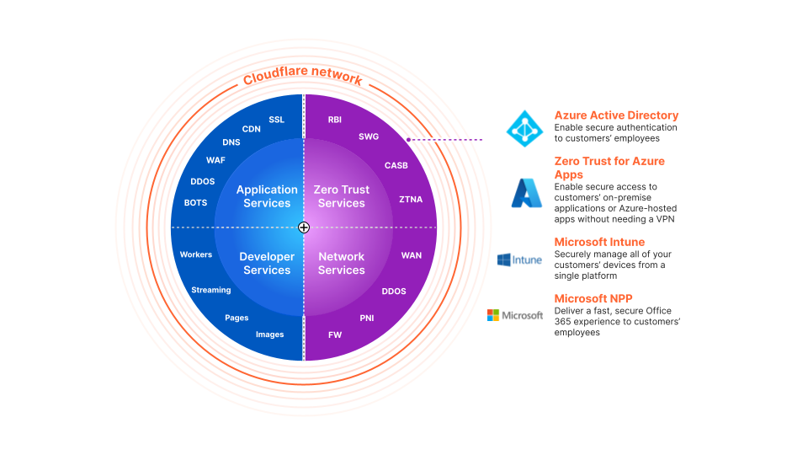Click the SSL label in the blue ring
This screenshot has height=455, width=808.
coord(277,120)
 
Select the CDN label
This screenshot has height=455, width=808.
coord(252,129)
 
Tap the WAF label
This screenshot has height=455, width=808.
coord(215,160)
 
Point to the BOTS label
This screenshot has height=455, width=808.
coord(195,203)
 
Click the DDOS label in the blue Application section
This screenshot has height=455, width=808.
coord(202,181)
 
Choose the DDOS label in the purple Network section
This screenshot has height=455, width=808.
coord(394,292)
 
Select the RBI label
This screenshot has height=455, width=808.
coord(335,120)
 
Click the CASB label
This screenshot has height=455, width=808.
coord(396,166)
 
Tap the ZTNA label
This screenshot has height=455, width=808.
coord(411,200)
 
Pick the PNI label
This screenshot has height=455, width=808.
coord(367,318)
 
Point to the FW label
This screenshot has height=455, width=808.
coord(335,335)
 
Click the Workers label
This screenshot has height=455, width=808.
coord(196,254)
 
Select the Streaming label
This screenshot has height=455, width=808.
coord(211,290)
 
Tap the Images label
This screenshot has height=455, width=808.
coord(270,335)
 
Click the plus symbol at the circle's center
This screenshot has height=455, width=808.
coord(304,227)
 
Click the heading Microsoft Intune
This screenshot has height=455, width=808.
coord(599,242)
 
